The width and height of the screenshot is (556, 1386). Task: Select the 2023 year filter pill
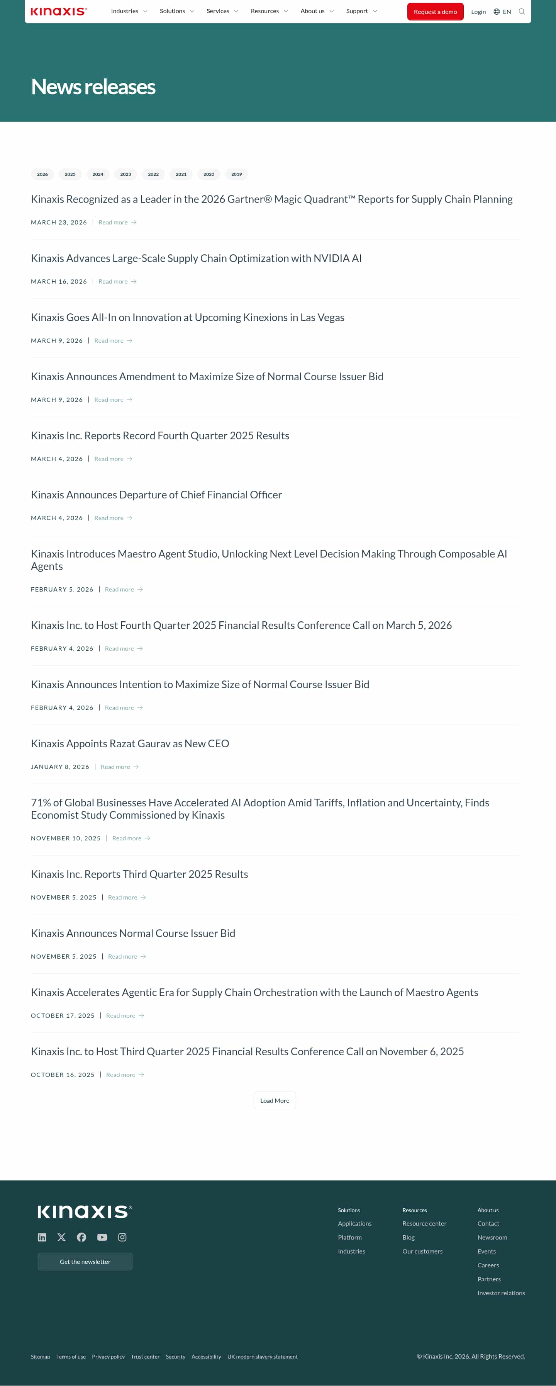click(x=125, y=174)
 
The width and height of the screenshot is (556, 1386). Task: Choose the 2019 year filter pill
click(x=236, y=174)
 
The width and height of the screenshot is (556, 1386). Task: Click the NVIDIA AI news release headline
click(x=196, y=258)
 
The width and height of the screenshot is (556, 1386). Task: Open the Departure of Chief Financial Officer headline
click(x=156, y=495)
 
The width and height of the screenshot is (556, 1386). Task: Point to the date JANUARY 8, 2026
click(x=60, y=767)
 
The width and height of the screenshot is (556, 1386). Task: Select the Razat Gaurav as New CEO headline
click(x=130, y=743)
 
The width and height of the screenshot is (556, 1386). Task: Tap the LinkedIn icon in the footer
click(x=42, y=1237)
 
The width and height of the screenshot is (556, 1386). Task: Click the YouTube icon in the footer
click(x=102, y=1237)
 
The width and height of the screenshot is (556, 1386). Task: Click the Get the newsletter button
click(x=85, y=1261)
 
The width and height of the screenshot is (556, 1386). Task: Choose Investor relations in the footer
click(x=501, y=1293)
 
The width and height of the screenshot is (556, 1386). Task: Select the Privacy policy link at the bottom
click(x=108, y=1356)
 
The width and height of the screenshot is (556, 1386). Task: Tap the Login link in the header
click(x=478, y=12)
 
